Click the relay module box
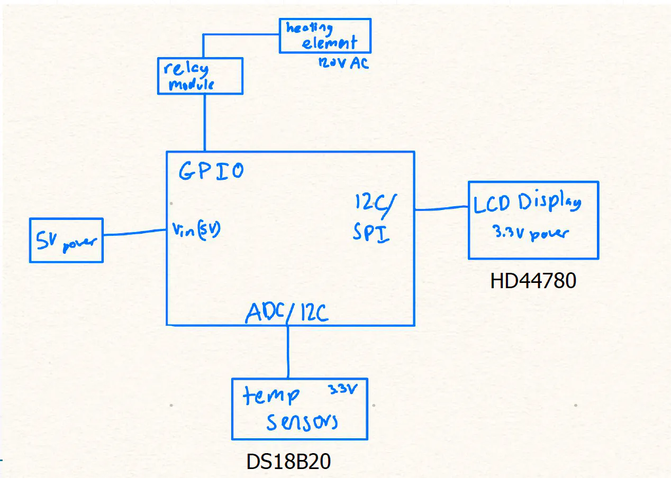[x=200, y=76]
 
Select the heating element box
[x=325, y=36]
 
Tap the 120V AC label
[x=343, y=63]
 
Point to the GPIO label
[x=211, y=171]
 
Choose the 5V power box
[x=66, y=240]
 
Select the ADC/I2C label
[x=287, y=313]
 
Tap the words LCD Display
[x=527, y=204]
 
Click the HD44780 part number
[x=533, y=281]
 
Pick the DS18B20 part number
[x=288, y=462]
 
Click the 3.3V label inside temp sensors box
[x=342, y=390]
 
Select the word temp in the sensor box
[x=271, y=396]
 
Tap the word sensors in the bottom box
[x=302, y=422]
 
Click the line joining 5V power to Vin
[x=134, y=233]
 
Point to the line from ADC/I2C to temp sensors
[x=288, y=352]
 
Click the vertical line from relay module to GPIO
[x=204, y=123]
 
